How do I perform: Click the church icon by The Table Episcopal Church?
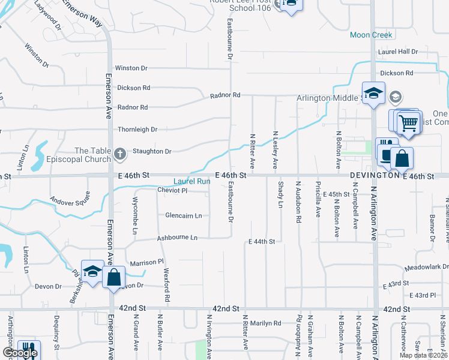(120, 154)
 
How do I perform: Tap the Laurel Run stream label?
(192, 181)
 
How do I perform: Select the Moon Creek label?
(371, 35)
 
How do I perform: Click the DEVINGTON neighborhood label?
(375, 176)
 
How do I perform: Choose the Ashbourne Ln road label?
(177, 238)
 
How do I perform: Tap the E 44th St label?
(261, 241)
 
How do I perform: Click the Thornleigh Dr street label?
(137, 129)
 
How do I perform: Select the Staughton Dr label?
(152, 152)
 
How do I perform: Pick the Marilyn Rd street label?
(265, 323)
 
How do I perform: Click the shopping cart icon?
(409, 123)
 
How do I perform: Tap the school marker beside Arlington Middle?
(373, 93)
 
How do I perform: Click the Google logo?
(20, 353)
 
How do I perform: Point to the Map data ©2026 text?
(424, 355)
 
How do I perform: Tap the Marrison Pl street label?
(147, 262)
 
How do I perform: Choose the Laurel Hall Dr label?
(397, 52)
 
